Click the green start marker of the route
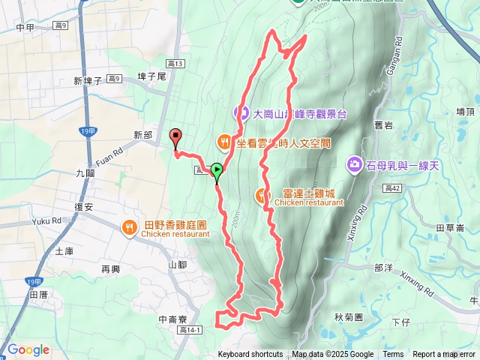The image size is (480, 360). pyautogui.click(x=217, y=171)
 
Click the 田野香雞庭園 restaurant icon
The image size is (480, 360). pyautogui.click(x=130, y=225)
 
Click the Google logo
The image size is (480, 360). pyautogui.click(x=28, y=349)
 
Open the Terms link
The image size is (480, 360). pyautogui.click(x=393, y=355)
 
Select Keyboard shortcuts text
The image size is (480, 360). pyautogui.click(x=250, y=355)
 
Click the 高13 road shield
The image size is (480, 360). pyautogui.click(x=175, y=64)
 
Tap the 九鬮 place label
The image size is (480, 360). pyautogui.click(x=85, y=172)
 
